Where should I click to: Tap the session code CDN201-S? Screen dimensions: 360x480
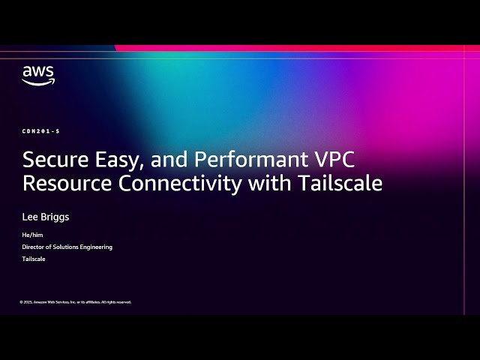[40, 131]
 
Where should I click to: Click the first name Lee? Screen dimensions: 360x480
[31, 217]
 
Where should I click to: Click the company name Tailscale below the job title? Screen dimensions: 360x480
[34, 259]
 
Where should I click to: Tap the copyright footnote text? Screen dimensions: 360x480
[75, 301]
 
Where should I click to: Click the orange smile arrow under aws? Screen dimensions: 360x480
[37, 82]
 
